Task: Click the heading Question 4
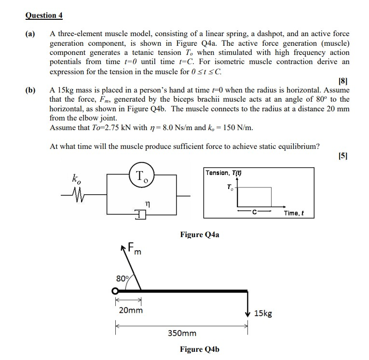pos(44,15)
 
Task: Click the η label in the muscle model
pos(149,204)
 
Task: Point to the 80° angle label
pos(122,278)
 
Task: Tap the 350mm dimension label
pos(182,333)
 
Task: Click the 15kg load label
pos(263,313)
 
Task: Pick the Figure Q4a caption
pos(199,235)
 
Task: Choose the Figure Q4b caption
pos(199,349)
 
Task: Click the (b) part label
pos(31,90)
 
